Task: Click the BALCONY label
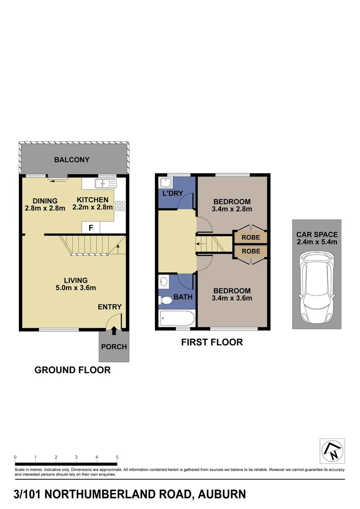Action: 72,160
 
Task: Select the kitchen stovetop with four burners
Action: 120,205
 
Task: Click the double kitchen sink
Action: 103,183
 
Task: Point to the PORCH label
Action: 114,347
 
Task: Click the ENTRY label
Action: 110,307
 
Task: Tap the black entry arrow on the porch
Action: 114,332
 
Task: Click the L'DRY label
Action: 173,194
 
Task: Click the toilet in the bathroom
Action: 165,300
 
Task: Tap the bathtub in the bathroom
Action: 176,318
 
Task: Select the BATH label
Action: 182,297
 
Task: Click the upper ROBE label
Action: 251,238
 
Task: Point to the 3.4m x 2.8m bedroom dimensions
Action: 232,209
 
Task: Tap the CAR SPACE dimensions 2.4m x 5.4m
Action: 317,242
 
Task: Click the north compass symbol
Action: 332,451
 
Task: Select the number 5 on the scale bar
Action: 117,457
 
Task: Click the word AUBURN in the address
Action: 222,494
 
